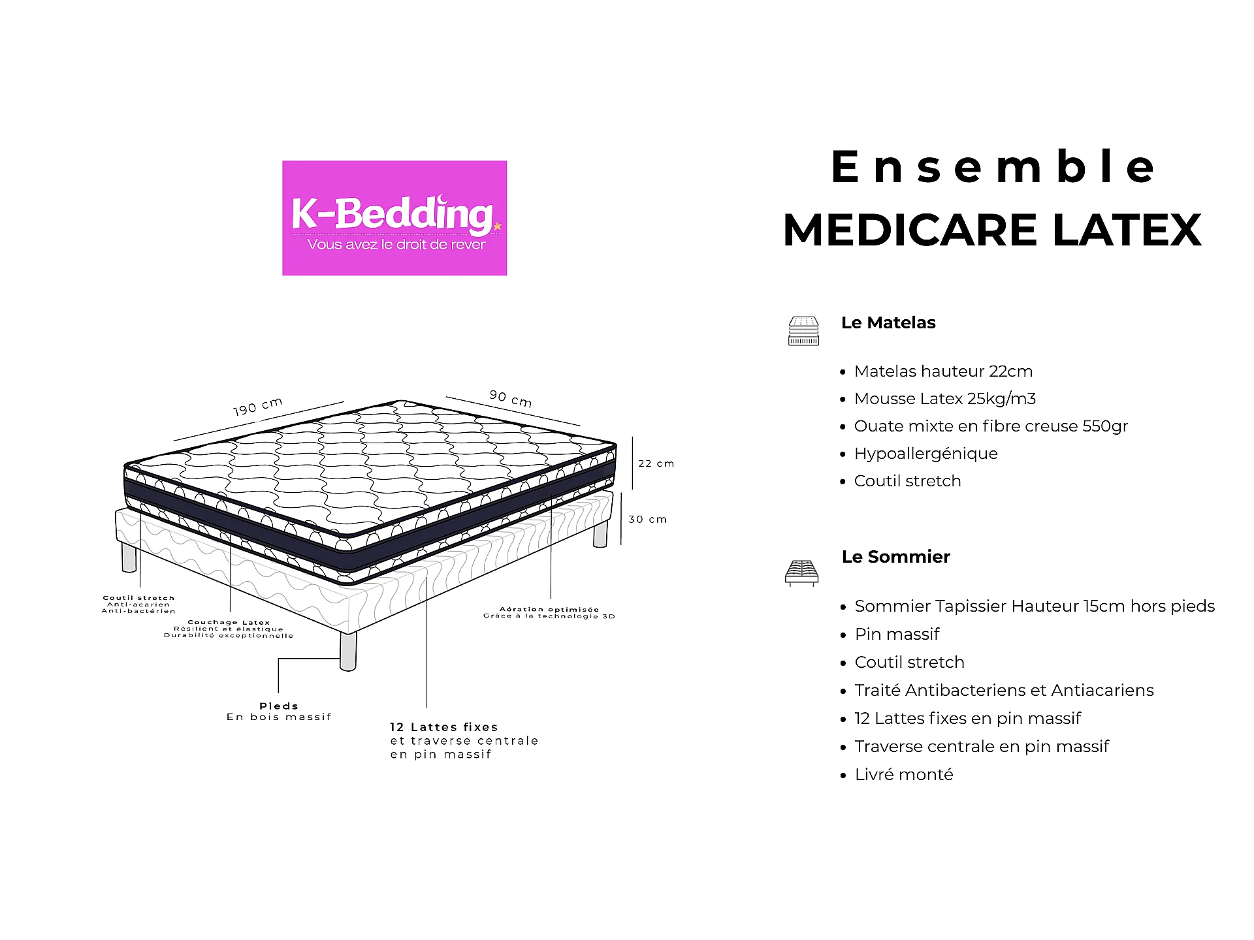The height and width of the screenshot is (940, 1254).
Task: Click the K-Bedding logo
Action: point(394,218)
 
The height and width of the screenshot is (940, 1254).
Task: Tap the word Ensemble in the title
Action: point(993,167)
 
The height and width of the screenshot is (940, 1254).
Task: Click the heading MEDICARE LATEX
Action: point(992,230)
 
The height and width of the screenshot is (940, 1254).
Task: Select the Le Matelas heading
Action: point(888,322)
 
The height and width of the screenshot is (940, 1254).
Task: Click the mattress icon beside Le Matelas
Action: point(803,331)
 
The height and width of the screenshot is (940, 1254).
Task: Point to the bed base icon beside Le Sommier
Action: point(801,572)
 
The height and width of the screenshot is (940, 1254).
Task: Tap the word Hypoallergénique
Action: point(925,454)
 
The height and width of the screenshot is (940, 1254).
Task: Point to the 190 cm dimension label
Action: point(258,406)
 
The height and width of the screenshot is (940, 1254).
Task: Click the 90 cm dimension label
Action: point(511,398)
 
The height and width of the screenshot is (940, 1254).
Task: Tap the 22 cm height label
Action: point(656,463)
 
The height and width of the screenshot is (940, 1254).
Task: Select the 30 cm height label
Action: point(648,520)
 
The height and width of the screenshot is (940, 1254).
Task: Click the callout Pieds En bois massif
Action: point(279,712)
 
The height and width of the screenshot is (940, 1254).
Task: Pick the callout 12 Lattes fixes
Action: point(444,727)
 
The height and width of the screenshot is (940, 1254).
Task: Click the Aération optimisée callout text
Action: point(549,612)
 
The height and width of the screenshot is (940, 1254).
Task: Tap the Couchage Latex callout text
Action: point(229,629)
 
